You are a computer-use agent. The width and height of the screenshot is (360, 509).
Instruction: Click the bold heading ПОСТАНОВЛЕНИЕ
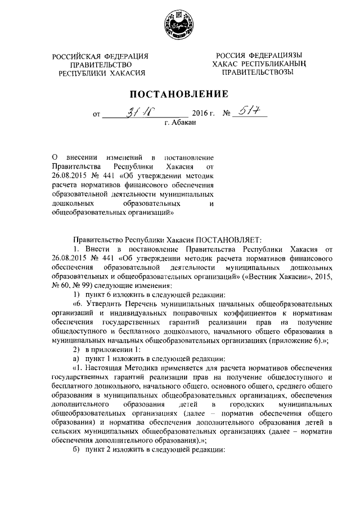pos(179,93)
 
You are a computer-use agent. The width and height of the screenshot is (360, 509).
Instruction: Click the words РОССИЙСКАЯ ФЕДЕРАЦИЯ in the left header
pos(100,56)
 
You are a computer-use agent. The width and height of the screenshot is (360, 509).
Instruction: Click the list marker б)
pos(77,450)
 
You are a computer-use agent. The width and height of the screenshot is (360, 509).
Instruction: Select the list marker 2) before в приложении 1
pos(77,349)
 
